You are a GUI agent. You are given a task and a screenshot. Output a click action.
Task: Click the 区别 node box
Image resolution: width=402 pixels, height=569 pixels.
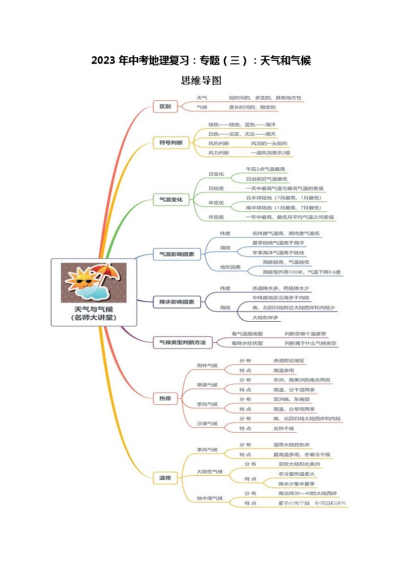pyautogui.click(x=165, y=106)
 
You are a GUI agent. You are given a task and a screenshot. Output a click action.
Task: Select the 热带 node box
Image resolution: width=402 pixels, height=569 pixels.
pyautogui.click(x=165, y=399)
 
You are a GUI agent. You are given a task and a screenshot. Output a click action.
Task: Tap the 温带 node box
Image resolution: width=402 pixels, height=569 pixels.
pyautogui.click(x=165, y=477)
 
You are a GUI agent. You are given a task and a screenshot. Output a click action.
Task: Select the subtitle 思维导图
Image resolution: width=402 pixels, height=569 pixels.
pyautogui.click(x=201, y=80)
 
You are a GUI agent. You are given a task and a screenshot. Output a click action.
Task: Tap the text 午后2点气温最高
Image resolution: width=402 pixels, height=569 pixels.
pyautogui.click(x=266, y=169)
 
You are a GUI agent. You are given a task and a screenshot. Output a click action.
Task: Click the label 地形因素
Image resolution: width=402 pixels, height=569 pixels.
pyautogui.click(x=230, y=267)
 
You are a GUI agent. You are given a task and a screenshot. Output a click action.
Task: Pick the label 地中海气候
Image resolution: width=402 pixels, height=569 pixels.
pyautogui.click(x=210, y=498)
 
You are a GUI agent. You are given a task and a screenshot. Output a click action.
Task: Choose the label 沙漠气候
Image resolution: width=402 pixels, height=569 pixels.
pyautogui.click(x=207, y=423)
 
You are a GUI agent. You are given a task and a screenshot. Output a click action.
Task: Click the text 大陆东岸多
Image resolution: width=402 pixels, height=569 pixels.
pyautogui.click(x=265, y=317)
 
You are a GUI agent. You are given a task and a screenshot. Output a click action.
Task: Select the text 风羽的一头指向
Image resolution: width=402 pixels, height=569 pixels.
pyautogui.click(x=269, y=143)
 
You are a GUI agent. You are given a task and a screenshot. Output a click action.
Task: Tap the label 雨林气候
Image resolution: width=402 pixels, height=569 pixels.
pyautogui.click(x=207, y=365)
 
